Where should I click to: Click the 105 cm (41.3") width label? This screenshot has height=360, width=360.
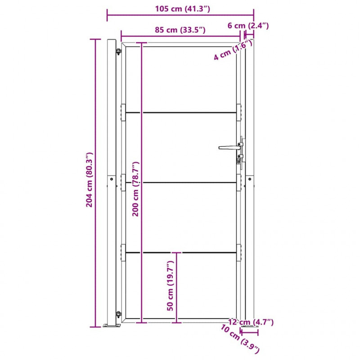click(x=183, y=9)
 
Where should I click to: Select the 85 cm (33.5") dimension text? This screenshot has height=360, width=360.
click(x=180, y=30)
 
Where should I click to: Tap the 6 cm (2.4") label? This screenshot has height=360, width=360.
click(x=248, y=26)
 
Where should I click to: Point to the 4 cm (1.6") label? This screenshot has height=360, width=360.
click(x=233, y=50)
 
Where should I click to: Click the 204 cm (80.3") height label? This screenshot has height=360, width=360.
click(x=89, y=180)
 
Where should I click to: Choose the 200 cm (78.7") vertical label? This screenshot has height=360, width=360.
click(x=135, y=189)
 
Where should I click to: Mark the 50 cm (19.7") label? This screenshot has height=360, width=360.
click(x=170, y=286)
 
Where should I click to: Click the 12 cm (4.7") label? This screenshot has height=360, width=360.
click(x=251, y=322)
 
